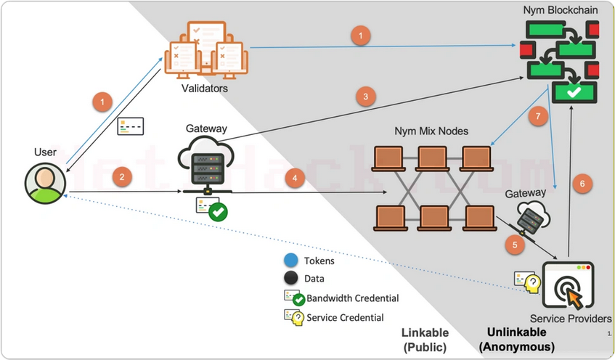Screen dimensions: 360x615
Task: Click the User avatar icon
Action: [44, 182]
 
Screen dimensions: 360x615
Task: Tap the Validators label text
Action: [205, 89]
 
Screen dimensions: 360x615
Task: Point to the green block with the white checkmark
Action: [574, 92]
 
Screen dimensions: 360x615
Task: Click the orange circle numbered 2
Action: [122, 176]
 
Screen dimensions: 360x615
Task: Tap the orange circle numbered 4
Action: [293, 177]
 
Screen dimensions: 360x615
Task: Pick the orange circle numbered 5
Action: [515, 245]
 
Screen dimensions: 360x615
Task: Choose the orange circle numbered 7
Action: [537, 117]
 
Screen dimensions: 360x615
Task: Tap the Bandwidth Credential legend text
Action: [352, 298]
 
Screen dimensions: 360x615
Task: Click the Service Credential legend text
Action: [345, 317]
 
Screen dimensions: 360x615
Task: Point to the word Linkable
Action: [425, 332]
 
